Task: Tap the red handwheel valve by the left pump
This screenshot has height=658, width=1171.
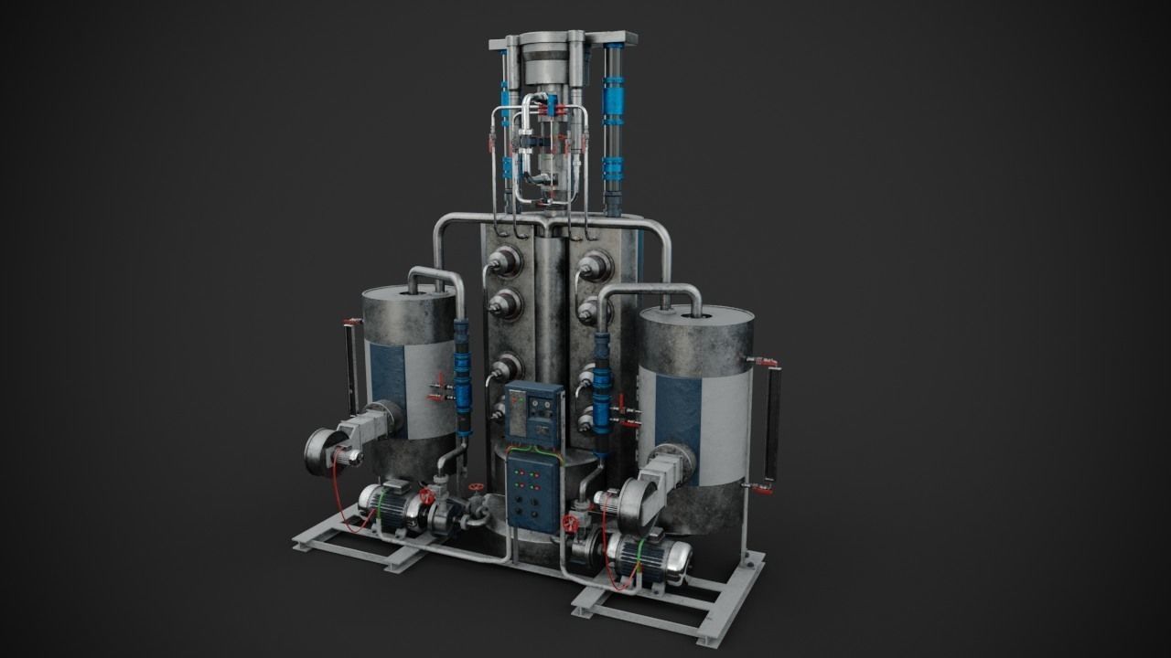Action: click(x=426, y=497)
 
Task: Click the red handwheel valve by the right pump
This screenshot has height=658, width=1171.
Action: click(x=572, y=524)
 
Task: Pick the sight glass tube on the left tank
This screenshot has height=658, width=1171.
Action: click(x=349, y=366)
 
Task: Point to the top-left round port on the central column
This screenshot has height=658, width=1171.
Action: click(x=505, y=261)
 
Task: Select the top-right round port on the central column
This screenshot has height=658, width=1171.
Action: click(x=596, y=264)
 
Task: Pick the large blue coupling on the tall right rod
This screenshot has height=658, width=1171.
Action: click(x=612, y=96)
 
